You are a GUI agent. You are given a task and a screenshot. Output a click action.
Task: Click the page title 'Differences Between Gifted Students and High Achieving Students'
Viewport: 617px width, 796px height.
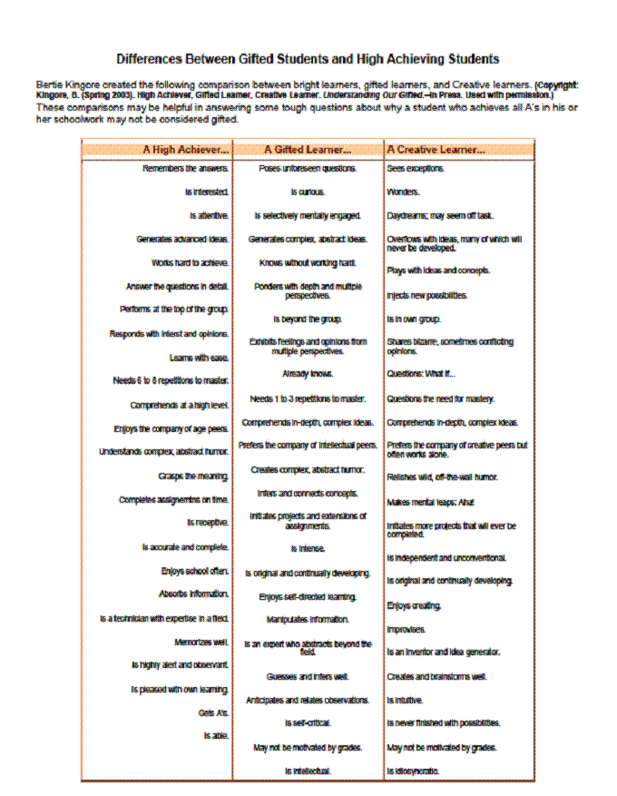click(x=308, y=59)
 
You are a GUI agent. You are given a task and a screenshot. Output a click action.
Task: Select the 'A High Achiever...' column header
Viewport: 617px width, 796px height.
click(x=186, y=149)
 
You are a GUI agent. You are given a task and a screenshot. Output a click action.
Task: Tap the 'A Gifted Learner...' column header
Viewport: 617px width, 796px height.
click(x=308, y=149)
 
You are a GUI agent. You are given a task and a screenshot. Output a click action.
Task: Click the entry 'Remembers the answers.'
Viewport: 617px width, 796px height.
click(x=186, y=169)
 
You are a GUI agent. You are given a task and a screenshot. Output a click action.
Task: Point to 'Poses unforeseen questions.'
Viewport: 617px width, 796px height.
click(x=308, y=169)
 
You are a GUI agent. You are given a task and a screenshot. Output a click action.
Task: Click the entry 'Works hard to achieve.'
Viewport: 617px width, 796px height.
click(x=191, y=263)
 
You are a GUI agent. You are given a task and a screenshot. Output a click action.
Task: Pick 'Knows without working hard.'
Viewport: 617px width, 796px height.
click(x=308, y=263)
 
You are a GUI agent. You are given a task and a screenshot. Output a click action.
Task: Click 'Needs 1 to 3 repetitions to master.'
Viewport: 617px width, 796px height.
click(x=308, y=398)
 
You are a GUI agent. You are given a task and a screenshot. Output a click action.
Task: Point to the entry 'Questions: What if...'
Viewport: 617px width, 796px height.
click(x=421, y=374)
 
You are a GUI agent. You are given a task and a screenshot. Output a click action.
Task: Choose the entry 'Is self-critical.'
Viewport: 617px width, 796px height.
click(x=308, y=723)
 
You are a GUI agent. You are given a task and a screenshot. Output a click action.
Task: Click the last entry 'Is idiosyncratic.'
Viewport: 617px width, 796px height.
click(x=413, y=771)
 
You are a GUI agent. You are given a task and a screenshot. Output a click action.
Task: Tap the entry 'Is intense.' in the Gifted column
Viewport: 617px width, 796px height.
click(x=308, y=549)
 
